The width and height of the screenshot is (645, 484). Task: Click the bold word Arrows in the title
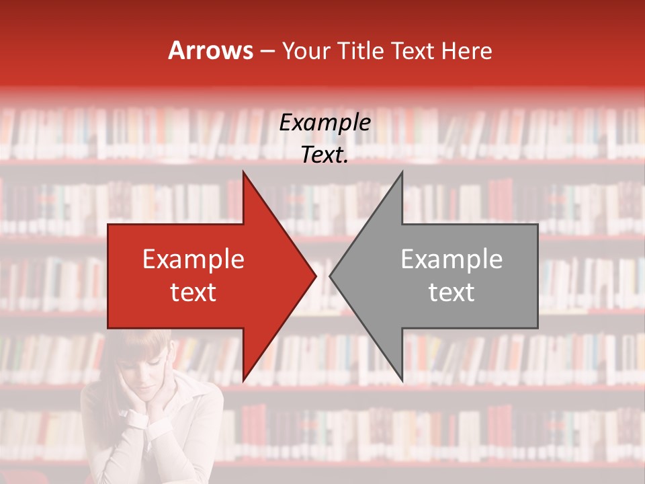tap(210, 50)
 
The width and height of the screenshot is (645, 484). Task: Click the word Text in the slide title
tap(413, 50)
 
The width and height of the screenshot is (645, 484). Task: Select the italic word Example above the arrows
tap(325, 123)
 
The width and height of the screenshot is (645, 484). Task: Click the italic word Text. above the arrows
tap(325, 155)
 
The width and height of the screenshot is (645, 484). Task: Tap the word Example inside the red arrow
tap(193, 259)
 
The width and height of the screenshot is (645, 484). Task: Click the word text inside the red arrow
tap(193, 292)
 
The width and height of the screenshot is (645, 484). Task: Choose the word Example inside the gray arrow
tap(451, 259)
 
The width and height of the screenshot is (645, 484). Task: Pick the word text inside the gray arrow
tap(451, 292)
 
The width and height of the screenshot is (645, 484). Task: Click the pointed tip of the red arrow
tap(316, 276)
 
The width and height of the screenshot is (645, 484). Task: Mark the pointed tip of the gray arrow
tap(330, 276)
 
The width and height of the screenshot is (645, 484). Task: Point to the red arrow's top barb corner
tap(243, 172)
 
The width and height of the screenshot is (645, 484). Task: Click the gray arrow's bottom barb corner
tap(402, 380)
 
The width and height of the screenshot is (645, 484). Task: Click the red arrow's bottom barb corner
tap(243, 380)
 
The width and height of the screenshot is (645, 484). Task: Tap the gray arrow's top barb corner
tap(402, 172)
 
